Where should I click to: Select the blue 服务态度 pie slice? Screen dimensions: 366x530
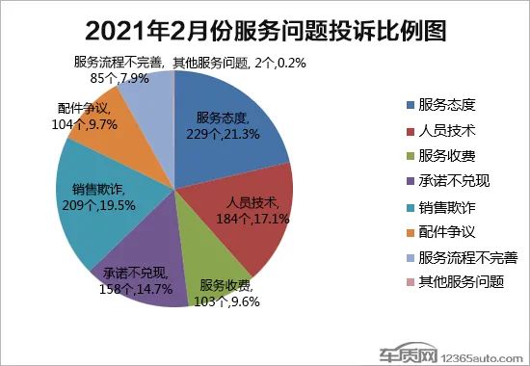click(x=241, y=106)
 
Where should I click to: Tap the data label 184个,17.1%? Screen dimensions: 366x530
click(x=253, y=218)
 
